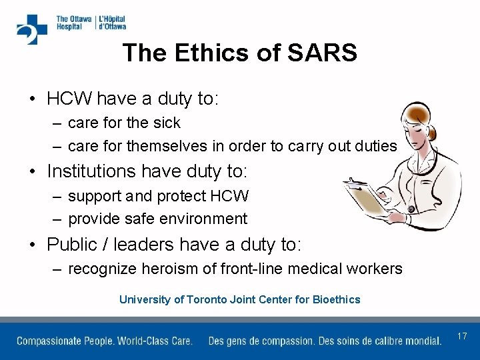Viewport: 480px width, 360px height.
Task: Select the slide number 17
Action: point(463,336)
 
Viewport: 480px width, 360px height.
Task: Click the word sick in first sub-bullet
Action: point(166,123)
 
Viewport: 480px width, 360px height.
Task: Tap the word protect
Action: point(181,196)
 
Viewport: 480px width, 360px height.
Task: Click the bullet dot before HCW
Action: point(32,100)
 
